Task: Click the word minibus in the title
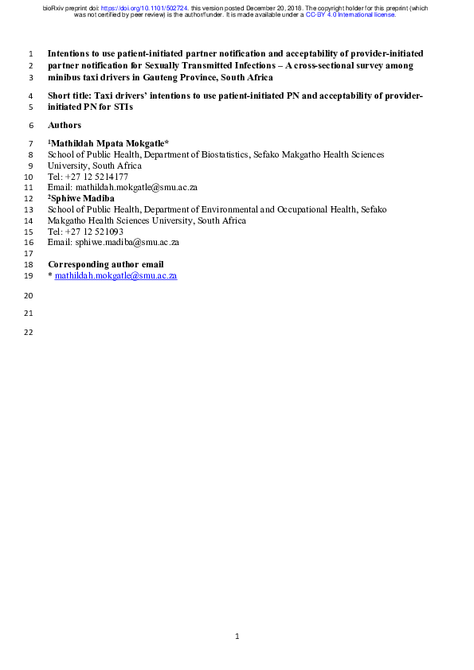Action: pos(64,78)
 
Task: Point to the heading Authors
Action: pos(65,126)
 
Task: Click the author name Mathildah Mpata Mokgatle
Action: pos(109,142)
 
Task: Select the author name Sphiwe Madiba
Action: pos(84,197)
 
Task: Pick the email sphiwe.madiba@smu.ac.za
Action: pos(127,242)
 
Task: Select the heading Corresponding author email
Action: pos(106,264)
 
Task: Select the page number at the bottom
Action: pos(237,637)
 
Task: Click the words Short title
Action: pos(69,95)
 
